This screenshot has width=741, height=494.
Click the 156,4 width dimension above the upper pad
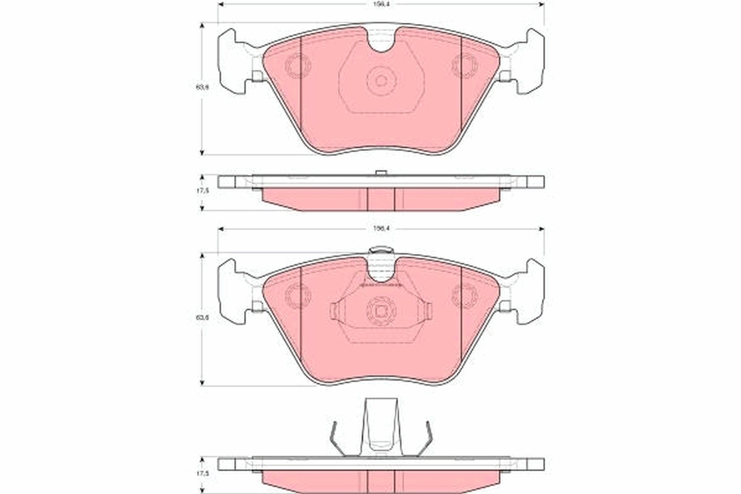[x=380, y=3]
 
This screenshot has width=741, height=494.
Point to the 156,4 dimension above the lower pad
[x=380, y=228]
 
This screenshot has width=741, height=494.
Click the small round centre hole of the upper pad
[x=381, y=80]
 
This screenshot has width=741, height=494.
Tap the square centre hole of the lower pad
[x=380, y=311]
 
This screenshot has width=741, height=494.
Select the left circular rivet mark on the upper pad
[x=298, y=65]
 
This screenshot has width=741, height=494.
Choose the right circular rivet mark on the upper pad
[x=464, y=65]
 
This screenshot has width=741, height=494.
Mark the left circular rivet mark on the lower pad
[x=298, y=296]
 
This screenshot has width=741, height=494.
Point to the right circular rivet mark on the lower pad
[x=464, y=296]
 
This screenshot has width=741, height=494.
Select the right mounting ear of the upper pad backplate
[x=530, y=62]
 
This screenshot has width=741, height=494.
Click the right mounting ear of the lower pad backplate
[x=530, y=291]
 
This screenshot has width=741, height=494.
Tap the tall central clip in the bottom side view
[x=380, y=426]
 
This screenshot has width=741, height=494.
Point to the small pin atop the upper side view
[x=381, y=172]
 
